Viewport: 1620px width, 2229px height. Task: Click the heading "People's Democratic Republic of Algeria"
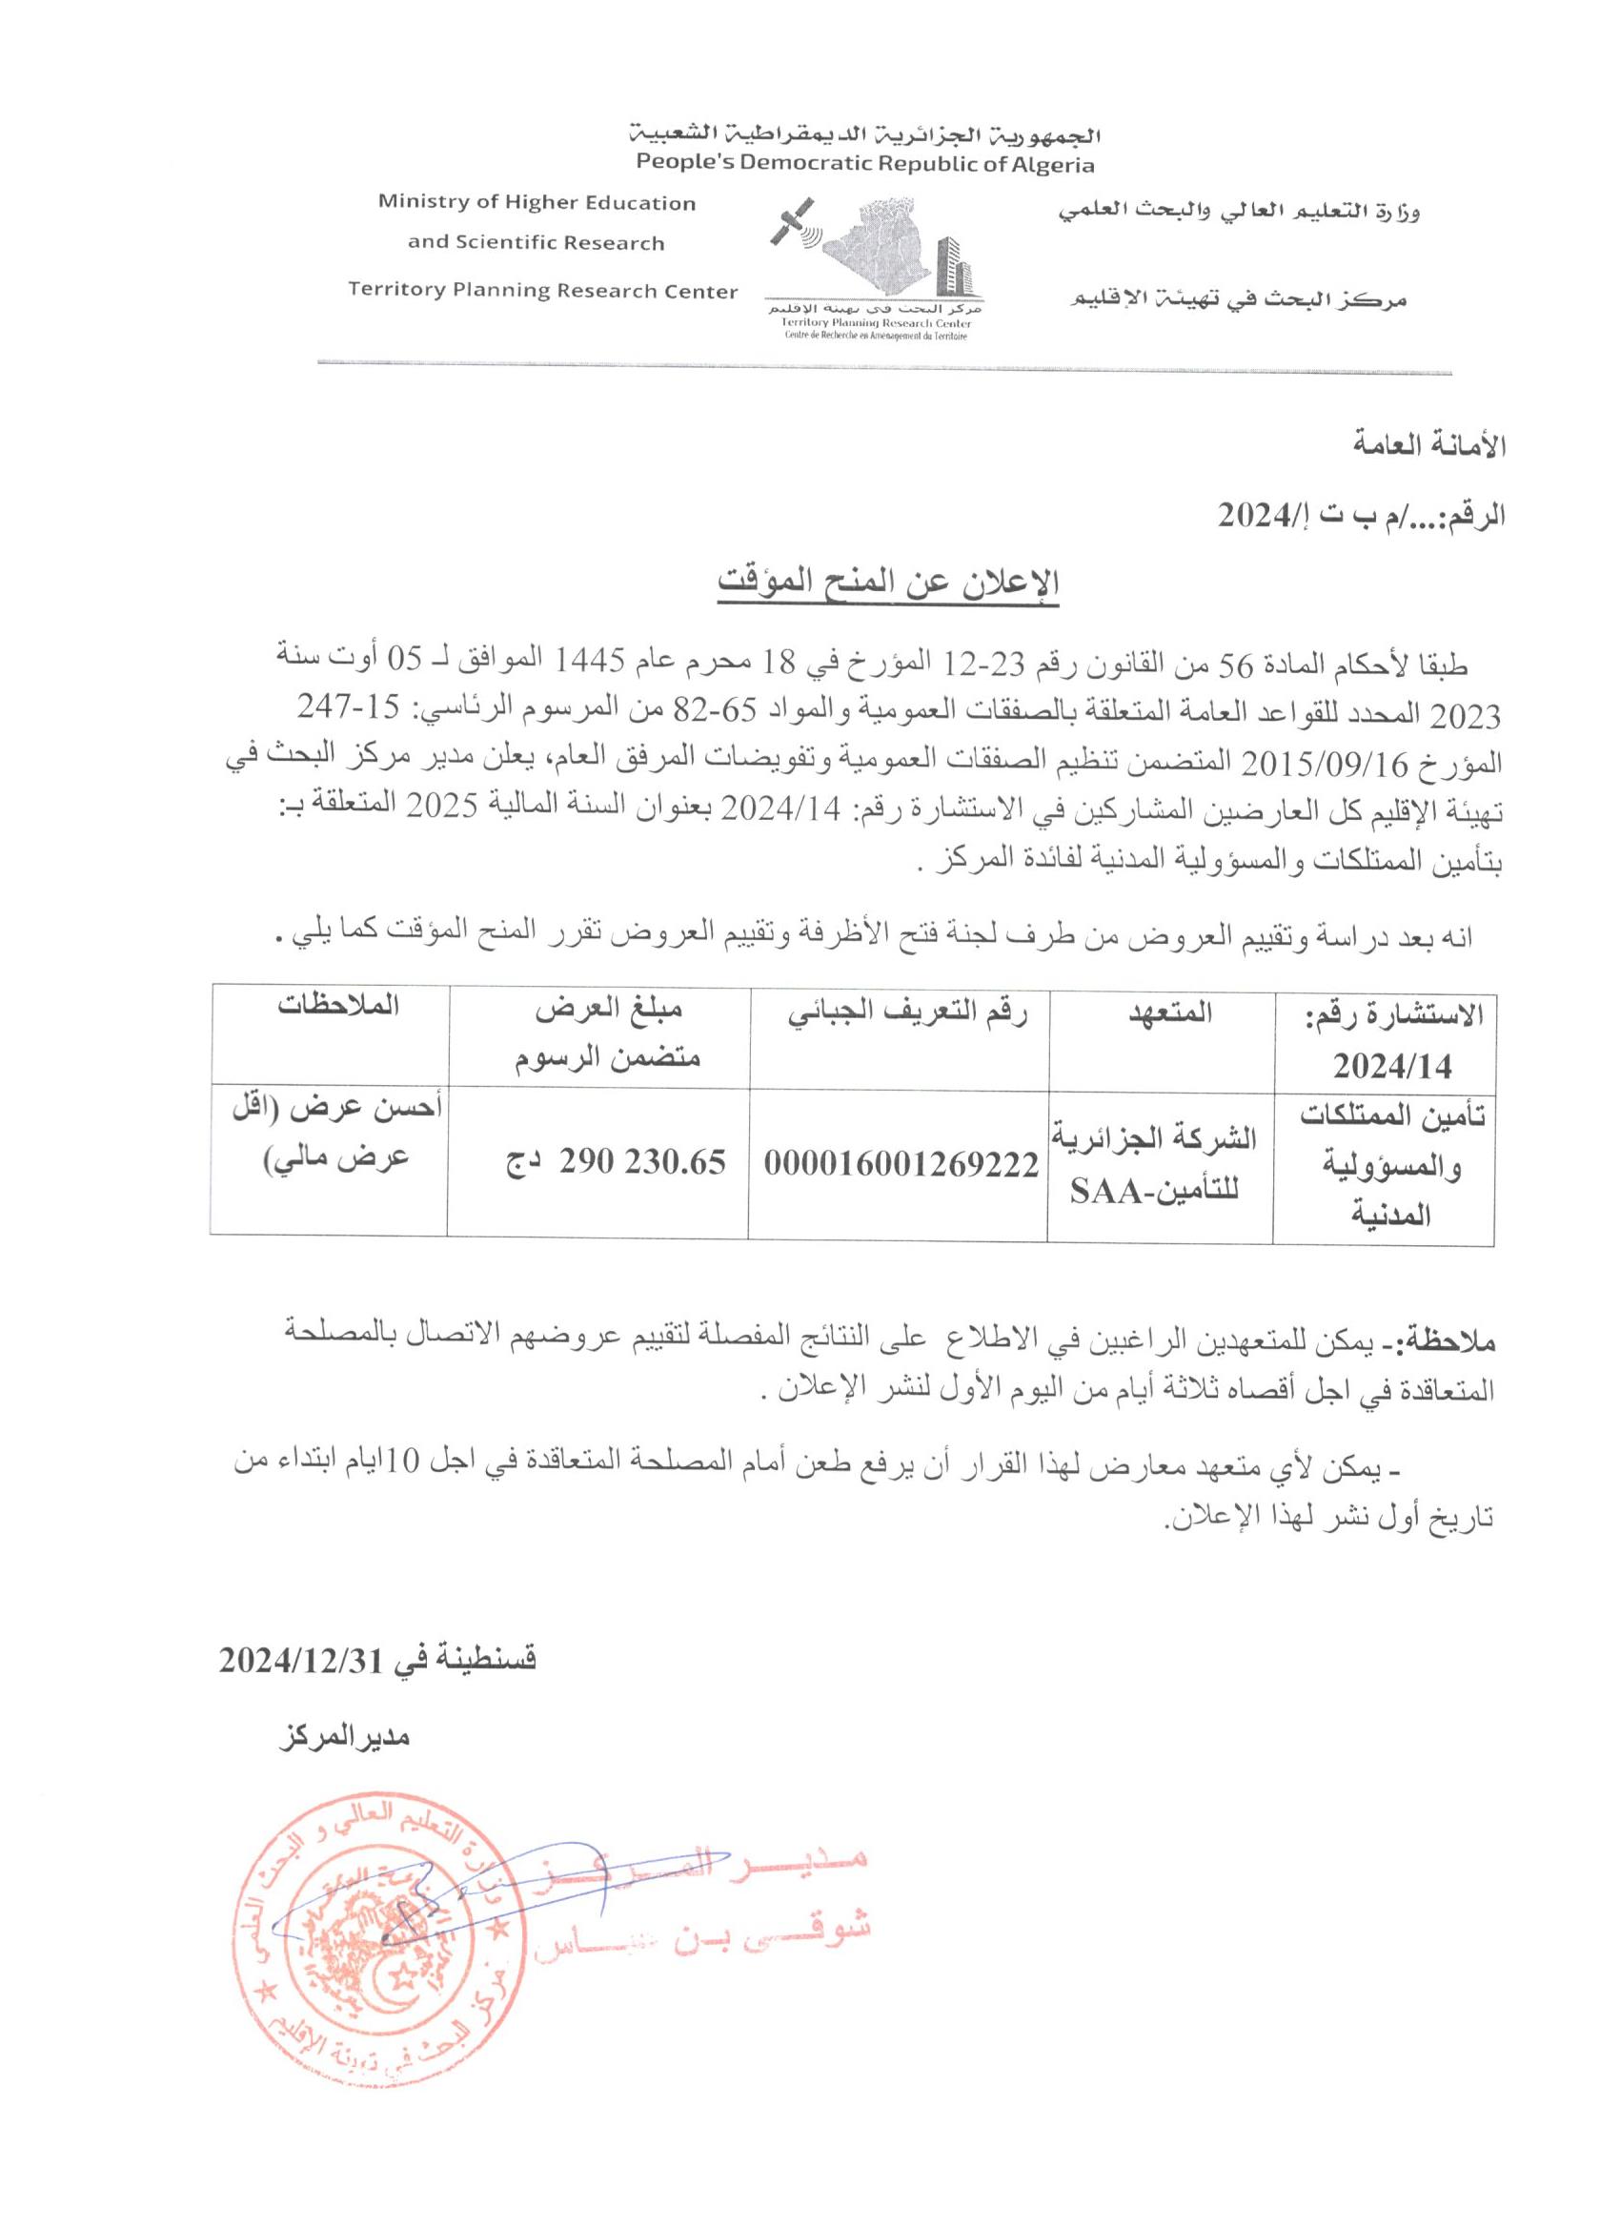coord(864,163)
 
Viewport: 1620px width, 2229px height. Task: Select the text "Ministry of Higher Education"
coord(537,203)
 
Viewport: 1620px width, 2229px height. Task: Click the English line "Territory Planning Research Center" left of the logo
coord(542,291)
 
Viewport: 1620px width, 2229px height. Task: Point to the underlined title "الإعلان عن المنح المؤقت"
coord(887,583)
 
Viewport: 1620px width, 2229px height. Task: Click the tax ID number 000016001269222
coord(901,1164)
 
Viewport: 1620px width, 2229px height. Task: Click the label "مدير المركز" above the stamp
coord(344,1737)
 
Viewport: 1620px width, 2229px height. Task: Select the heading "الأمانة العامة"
coord(1429,445)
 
